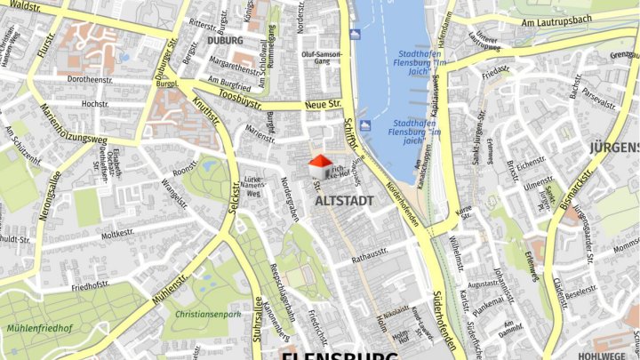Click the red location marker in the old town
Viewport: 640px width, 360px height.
320,161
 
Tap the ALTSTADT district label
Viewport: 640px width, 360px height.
344,201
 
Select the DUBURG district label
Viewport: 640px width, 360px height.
224,40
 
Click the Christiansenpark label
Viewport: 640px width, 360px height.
208,314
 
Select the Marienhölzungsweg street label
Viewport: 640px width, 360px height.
73,125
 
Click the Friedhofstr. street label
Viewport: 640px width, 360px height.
90,286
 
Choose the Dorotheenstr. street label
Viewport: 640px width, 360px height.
89,79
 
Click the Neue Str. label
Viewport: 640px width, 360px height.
323,105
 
